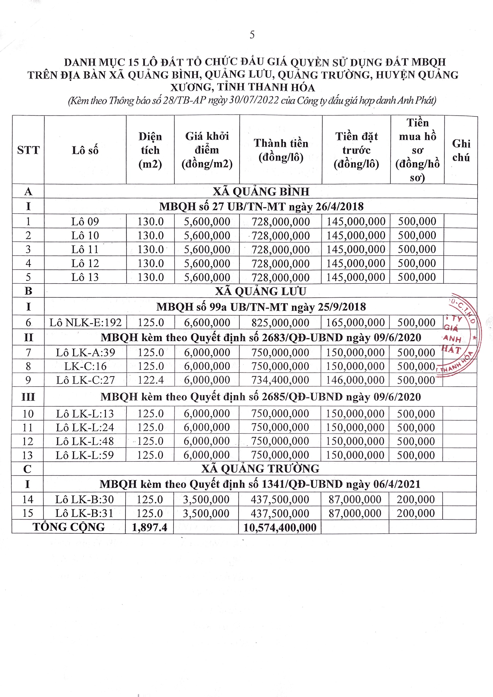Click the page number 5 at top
pyautogui.click(x=252, y=35)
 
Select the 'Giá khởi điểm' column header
pyautogui.click(x=207, y=150)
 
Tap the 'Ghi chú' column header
pyautogui.click(x=461, y=150)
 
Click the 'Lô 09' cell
pyautogui.click(x=85, y=222)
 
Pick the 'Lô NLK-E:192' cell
pyautogui.click(x=85, y=322)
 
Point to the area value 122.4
pyautogui.click(x=151, y=380)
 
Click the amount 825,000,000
pyautogui.click(x=280, y=322)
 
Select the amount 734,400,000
pyautogui.click(x=280, y=380)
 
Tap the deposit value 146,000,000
pyautogui.click(x=355, y=380)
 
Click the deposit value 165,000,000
pyautogui.click(x=355, y=322)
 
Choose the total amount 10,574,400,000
pyautogui.click(x=280, y=527)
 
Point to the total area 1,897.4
pyautogui.click(x=150, y=527)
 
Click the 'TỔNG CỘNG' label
pyautogui.click(x=69, y=527)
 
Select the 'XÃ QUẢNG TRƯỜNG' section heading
pyautogui.click(x=260, y=469)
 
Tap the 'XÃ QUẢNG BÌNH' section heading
pyautogui.click(x=261, y=192)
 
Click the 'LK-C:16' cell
pyautogui.click(x=85, y=366)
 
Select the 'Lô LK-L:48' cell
pyautogui.click(x=85, y=441)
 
